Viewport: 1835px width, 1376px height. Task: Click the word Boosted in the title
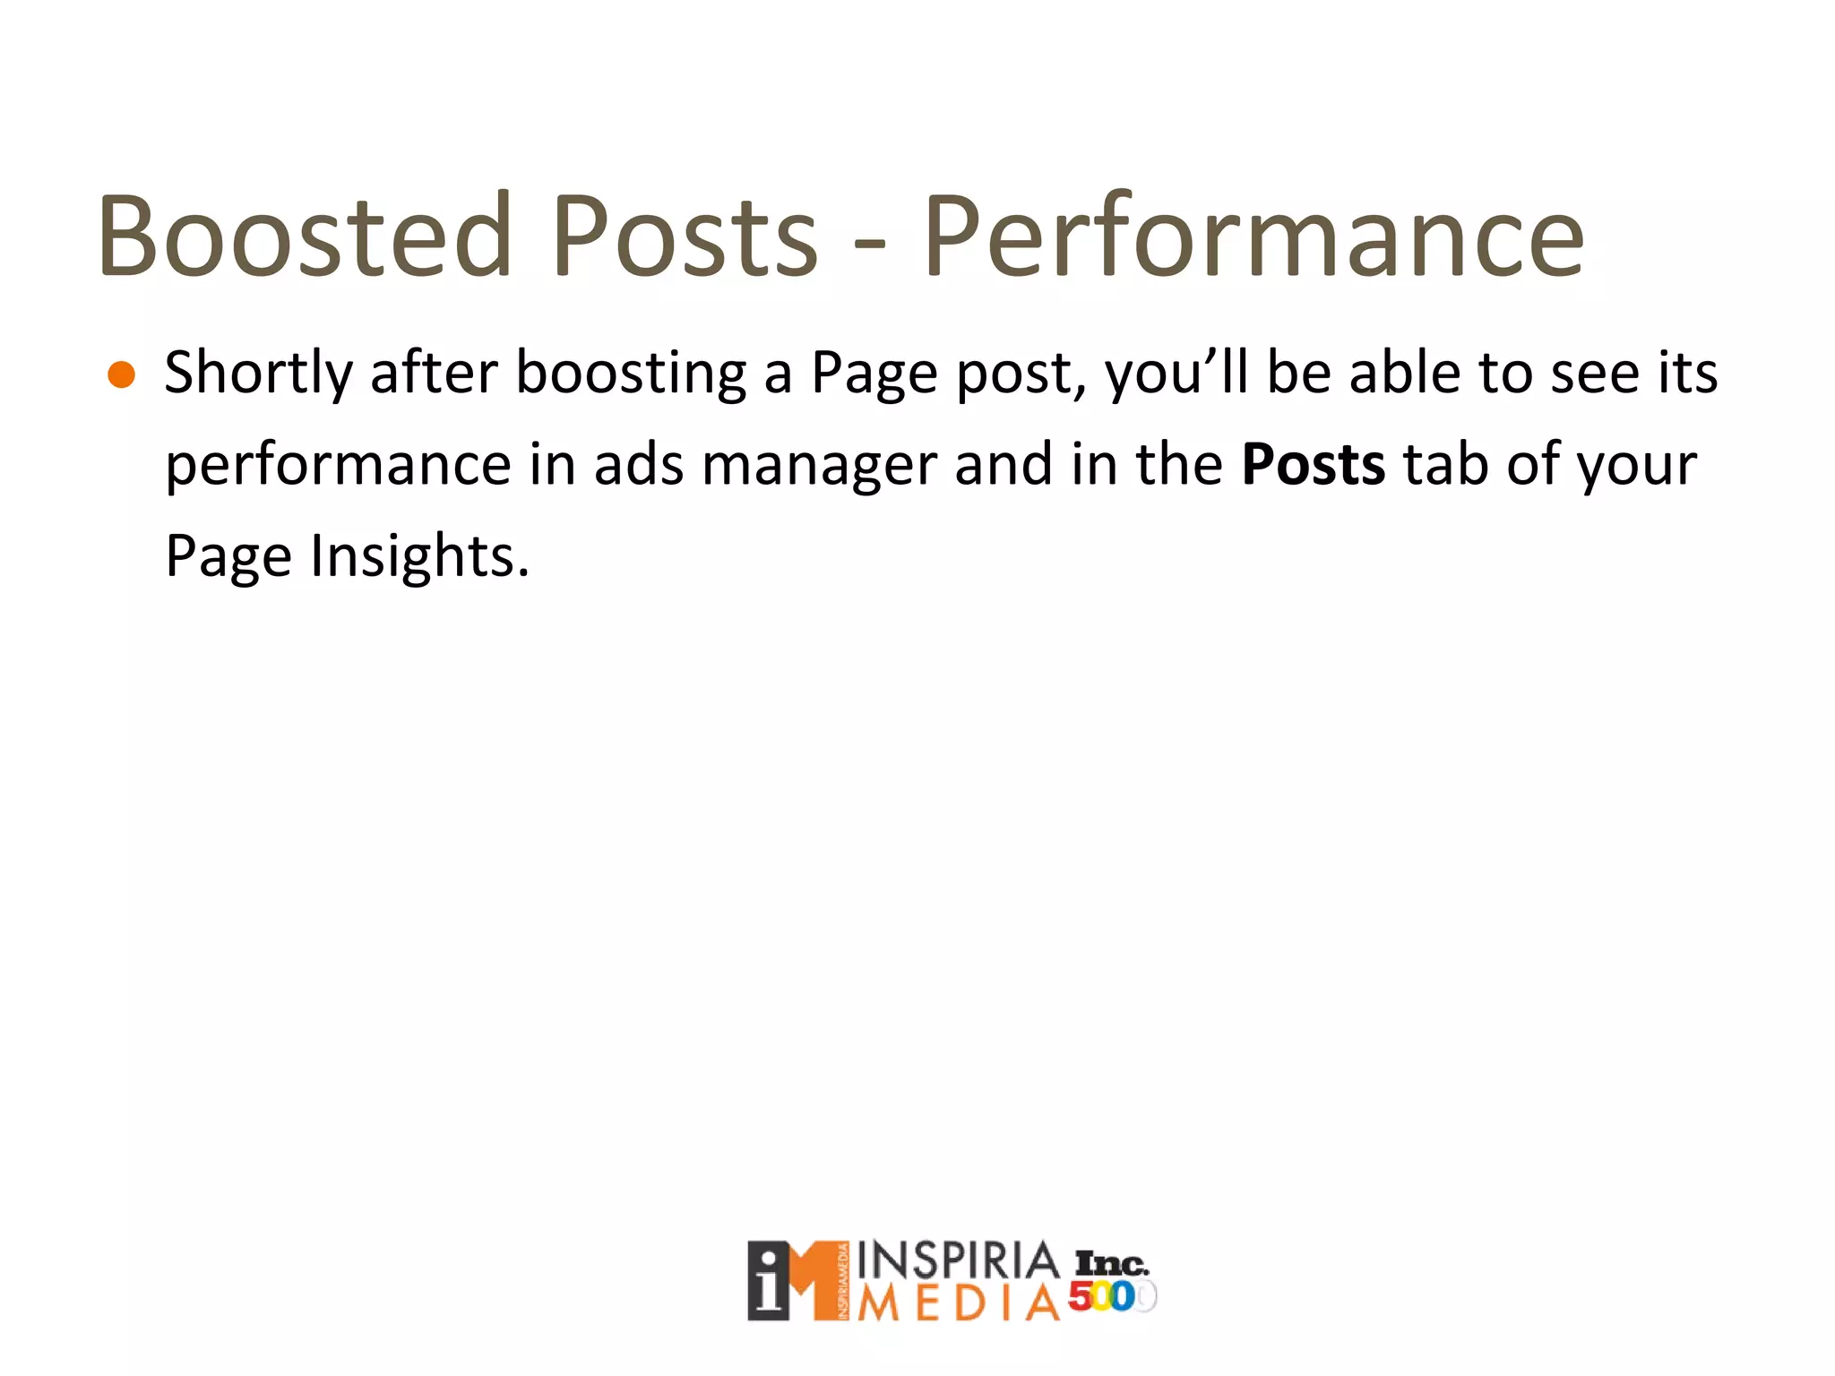click(x=306, y=236)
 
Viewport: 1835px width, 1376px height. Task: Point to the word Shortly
click(x=259, y=373)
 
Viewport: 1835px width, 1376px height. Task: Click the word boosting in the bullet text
click(x=631, y=373)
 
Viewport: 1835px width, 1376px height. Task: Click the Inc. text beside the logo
click(x=1111, y=1263)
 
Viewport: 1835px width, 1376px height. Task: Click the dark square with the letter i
click(x=768, y=1280)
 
